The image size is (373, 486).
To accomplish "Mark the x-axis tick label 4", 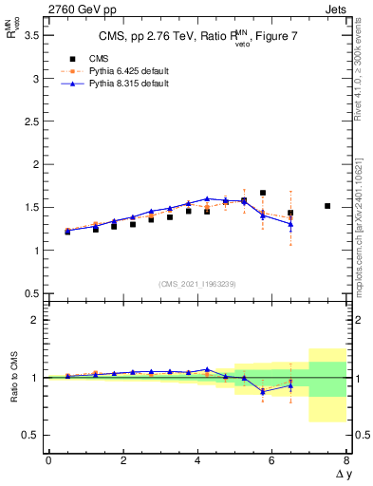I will [x=197, y=460].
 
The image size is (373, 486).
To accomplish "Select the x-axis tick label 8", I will [x=346, y=460].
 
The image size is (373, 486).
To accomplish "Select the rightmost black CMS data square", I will [x=327, y=206].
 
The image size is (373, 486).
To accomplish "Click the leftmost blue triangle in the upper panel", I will [x=67, y=231].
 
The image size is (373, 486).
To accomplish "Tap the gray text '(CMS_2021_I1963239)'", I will [x=197, y=284].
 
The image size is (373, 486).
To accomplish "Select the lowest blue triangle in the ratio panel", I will [x=263, y=391].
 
